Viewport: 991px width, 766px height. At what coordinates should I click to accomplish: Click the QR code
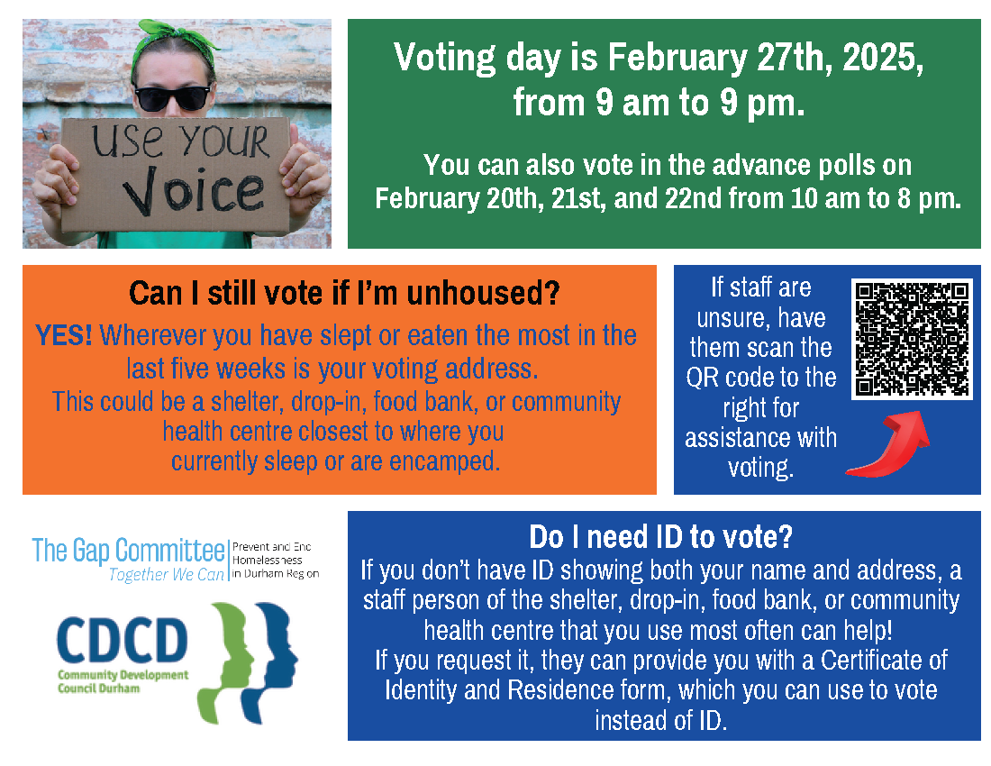(912, 339)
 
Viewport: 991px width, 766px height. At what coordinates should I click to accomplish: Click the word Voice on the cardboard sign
(194, 190)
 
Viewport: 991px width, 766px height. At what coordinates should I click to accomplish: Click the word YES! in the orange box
(63, 335)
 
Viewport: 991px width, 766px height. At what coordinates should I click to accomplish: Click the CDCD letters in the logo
(123, 640)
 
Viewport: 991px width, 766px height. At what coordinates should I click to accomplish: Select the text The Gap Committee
(129, 551)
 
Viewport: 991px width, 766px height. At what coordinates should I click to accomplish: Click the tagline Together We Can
(167, 575)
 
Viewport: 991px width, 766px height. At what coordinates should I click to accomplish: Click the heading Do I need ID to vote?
(661, 537)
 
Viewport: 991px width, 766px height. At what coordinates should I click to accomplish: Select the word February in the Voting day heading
(677, 58)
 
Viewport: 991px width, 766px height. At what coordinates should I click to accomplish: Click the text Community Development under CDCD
(123, 675)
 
